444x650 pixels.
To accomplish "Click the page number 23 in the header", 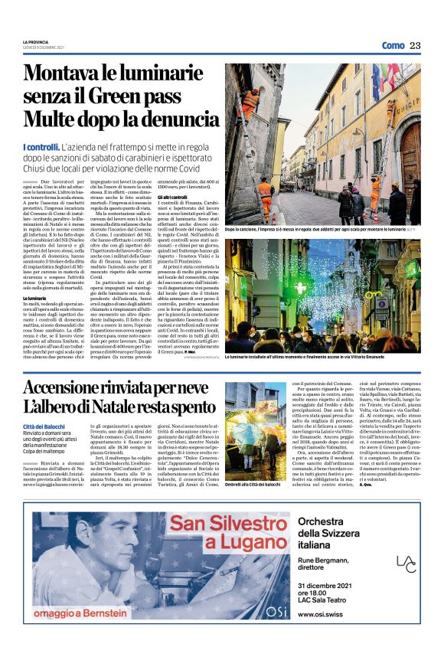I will click(x=415, y=45).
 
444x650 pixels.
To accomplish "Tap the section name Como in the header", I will click(x=392, y=46).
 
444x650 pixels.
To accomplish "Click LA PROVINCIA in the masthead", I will click(x=35, y=41).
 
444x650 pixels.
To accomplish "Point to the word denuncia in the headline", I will click(x=174, y=119).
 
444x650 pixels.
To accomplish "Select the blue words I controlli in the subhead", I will click(x=41, y=146).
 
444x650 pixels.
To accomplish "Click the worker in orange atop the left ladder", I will click(x=250, y=100).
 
